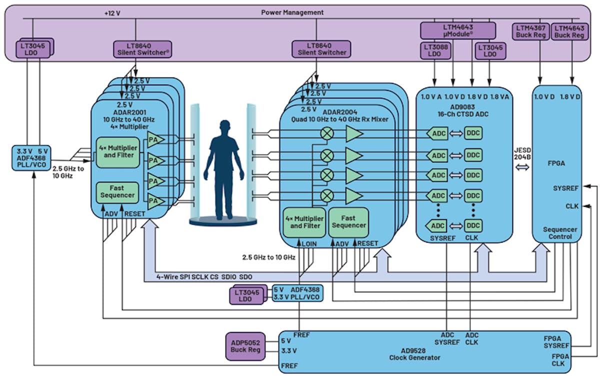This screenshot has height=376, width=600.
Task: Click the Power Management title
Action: pyautogui.click(x=292, y=12)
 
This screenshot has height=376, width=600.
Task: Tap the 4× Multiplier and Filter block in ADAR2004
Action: pyautogui.click(x=304, y=222)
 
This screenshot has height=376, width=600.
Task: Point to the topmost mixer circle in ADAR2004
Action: pyautogui.click(x=327, y=133)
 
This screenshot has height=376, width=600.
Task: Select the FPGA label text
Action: pyautogui.click(x=554, y=162)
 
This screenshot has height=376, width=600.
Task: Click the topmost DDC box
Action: pyautogui.click(x=473, y=133)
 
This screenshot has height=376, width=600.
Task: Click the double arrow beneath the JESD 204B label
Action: pyautogui.click(x=523, y=169)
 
